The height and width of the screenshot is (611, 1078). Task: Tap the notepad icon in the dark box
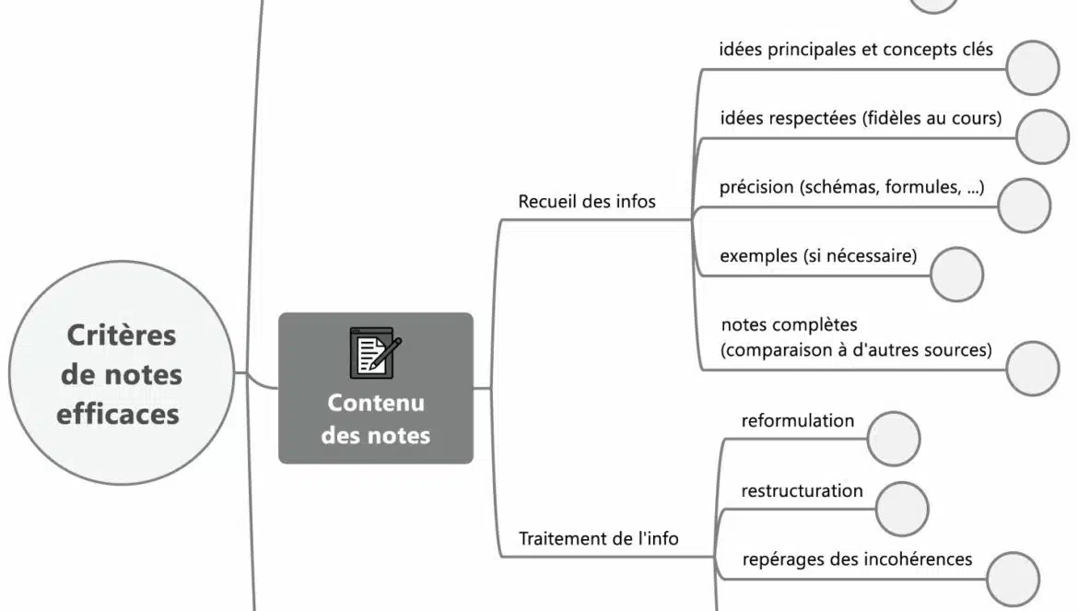tap(375, 353)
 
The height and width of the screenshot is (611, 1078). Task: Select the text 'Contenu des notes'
tap(375, 418)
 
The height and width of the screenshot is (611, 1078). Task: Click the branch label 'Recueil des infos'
tap(587, 201)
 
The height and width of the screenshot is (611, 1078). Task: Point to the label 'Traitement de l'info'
tap(598, 538)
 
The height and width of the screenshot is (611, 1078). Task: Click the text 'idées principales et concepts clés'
tap(855, 50)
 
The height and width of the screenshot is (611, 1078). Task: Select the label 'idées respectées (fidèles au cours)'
tap(860, 118)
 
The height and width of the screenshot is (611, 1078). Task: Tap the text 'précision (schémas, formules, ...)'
tap(851, 187)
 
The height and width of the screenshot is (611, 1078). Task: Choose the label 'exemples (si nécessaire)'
tap(818, 255)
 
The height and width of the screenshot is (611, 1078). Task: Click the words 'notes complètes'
tap(789, 324)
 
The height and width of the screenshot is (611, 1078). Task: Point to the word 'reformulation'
tap(797, 421)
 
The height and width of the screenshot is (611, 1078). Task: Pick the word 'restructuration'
tap(802, 490)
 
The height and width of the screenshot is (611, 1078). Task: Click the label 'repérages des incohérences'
tap(856, 559)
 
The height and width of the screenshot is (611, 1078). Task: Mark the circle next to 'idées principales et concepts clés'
tap(1033, 67)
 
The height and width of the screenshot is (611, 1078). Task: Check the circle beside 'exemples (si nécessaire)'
tap(956, 274)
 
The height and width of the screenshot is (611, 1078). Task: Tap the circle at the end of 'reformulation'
tap(895, 439)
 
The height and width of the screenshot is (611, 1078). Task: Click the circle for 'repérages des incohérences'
tap(1013, 579)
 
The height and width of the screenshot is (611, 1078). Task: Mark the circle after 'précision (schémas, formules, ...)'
tap(1024, 206)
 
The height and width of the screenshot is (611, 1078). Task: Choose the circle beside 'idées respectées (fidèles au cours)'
tap(1044, 136)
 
